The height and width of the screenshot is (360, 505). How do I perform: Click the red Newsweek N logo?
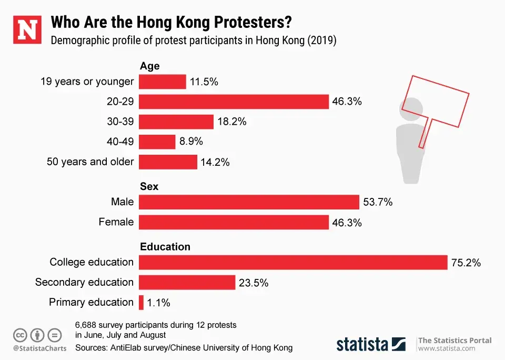pyautogui.click(x=27, y=31)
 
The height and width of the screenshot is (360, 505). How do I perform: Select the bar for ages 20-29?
pyautogui.click(x=234, y=102)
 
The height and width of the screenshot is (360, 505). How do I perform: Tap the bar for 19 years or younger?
pyautogui.click(x=163, y=82)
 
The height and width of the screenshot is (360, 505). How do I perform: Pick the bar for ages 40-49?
pyautogui.click(x=157, y=142)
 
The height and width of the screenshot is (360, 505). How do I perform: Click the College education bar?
pyautogui.click(x=293, y=262)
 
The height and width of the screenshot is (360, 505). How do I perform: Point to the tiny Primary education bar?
pyautogui.click(x=142, y=302)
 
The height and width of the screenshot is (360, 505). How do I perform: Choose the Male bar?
pyautogui.click(x=249, y=202)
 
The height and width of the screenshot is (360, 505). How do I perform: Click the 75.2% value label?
pyautogui.click(x=466, y=263)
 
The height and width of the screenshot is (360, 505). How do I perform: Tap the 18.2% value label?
pyautogui.click(x=231, y=122)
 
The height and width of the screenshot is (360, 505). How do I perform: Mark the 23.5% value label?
pyautogui.click(x=254, y=283)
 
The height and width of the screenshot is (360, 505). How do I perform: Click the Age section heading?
pyautogui.click(x=149, y=66)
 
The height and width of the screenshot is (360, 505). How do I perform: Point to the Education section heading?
pyautogui.click(x=165, y=246)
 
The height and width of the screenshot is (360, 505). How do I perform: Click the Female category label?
pyautogui.click(x=116, y=222)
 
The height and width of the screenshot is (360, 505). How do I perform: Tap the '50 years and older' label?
pyautogui.click(x=90, y=162)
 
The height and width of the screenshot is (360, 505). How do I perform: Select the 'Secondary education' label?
pyautogui.click(x=85, y=282)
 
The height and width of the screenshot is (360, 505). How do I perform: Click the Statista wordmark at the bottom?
pyautogui.click(x=362, y=344)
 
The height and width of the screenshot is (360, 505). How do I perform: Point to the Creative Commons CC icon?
pyautogui.click(x=20, y=335)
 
